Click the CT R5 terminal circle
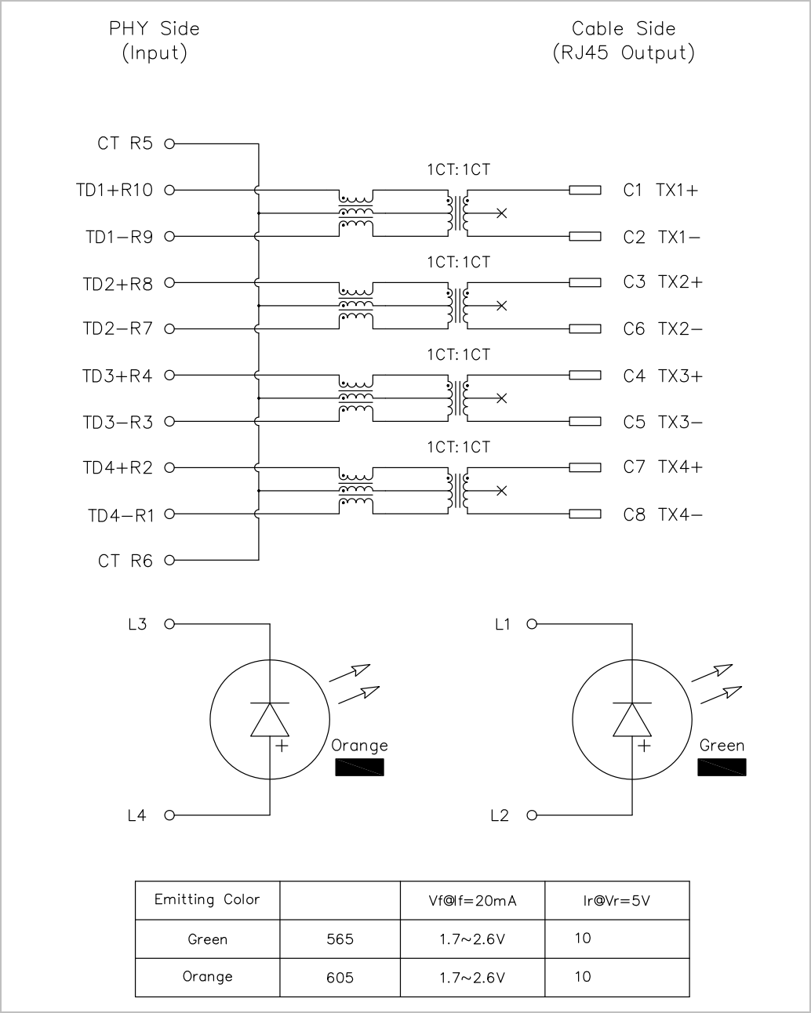[169, 143]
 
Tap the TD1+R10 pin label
[115, 191]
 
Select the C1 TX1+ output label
[660, 191]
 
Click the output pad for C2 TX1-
[585, 236]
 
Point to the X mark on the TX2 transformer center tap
[502, 306]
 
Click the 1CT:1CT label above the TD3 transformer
[459, 354]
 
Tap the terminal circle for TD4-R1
[169, 514]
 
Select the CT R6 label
[125, 561]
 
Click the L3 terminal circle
[169, 624]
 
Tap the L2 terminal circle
[532, 815]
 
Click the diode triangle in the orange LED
[270, 720]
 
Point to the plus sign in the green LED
[644, 746]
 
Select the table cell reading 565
[340, 939]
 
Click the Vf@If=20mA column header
[472, 901]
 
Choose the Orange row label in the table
[207, 977]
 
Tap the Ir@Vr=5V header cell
[616, 901]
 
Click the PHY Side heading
[154, 29]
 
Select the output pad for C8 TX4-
[585, 514]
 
